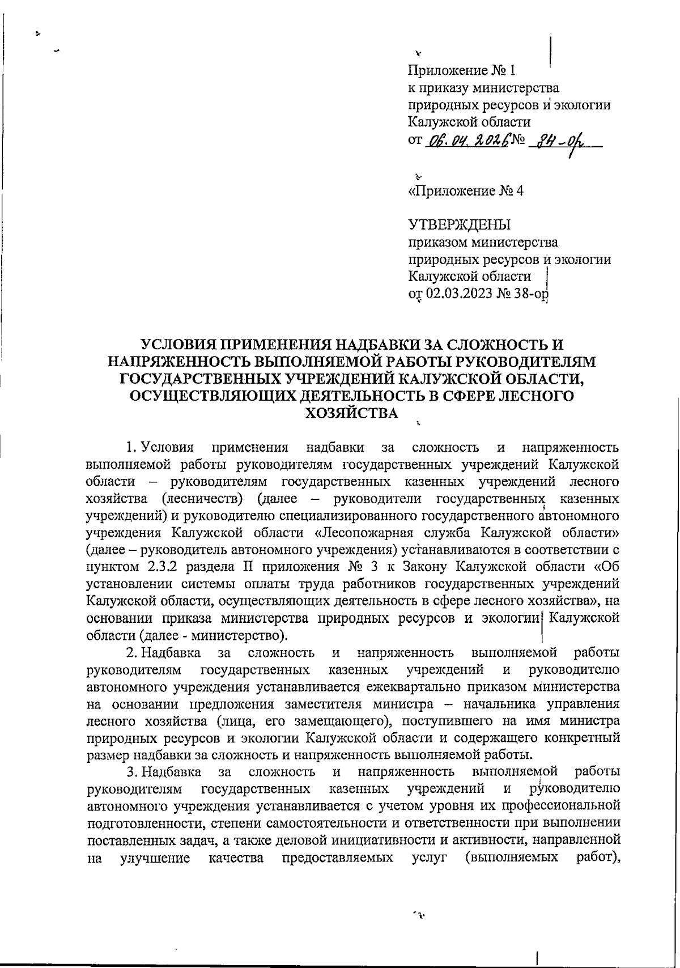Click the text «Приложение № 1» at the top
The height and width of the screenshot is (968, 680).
[462, 71]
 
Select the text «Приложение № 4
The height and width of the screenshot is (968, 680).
[466, 191]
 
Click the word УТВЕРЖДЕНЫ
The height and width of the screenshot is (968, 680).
[459, 225]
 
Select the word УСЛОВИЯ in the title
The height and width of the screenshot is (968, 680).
[181, 345]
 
